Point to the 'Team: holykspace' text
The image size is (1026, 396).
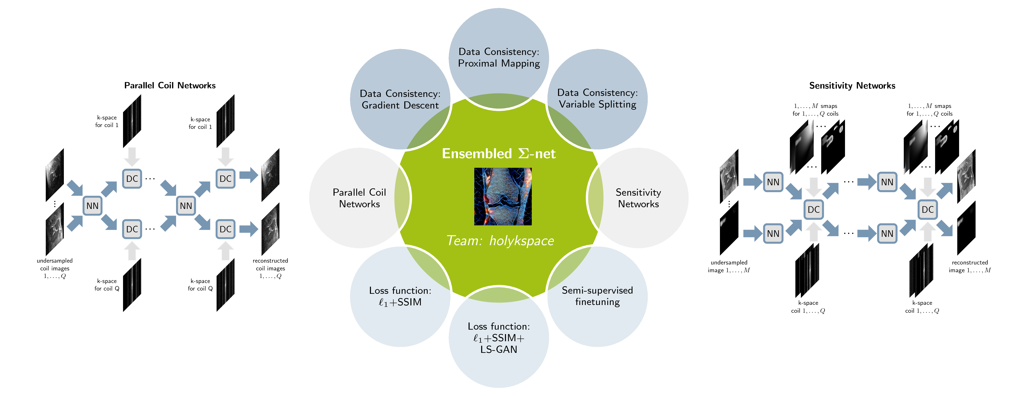click(x=500, y=240)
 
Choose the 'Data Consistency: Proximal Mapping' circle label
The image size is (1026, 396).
click(x=499, y=57)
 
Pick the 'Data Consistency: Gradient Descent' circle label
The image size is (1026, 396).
click(x=400, y=99)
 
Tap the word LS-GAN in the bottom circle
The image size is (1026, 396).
click(x=499, y=349)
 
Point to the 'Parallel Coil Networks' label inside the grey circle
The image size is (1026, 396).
click(x=359, y=198)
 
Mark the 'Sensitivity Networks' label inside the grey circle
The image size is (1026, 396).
click(x=638, y=198)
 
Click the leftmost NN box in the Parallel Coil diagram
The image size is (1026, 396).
click(x=92, y=206)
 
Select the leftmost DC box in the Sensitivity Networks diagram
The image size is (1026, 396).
click(x=813, y=209)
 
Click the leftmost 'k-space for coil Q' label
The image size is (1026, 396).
click(x=107, y=285)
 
